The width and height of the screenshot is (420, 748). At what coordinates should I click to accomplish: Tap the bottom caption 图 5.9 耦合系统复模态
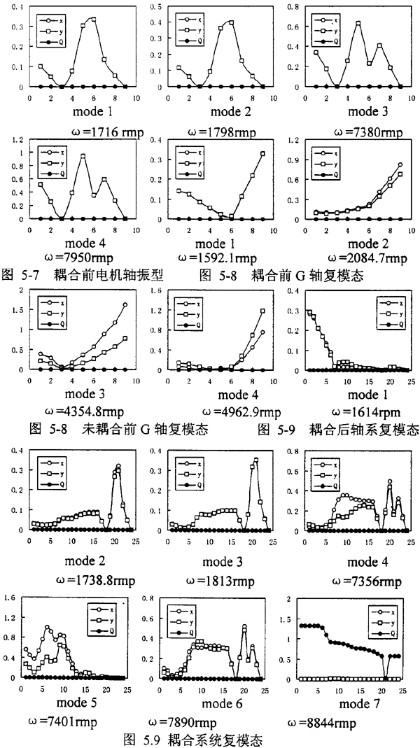pyautogui.click(x=210, y=738)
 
